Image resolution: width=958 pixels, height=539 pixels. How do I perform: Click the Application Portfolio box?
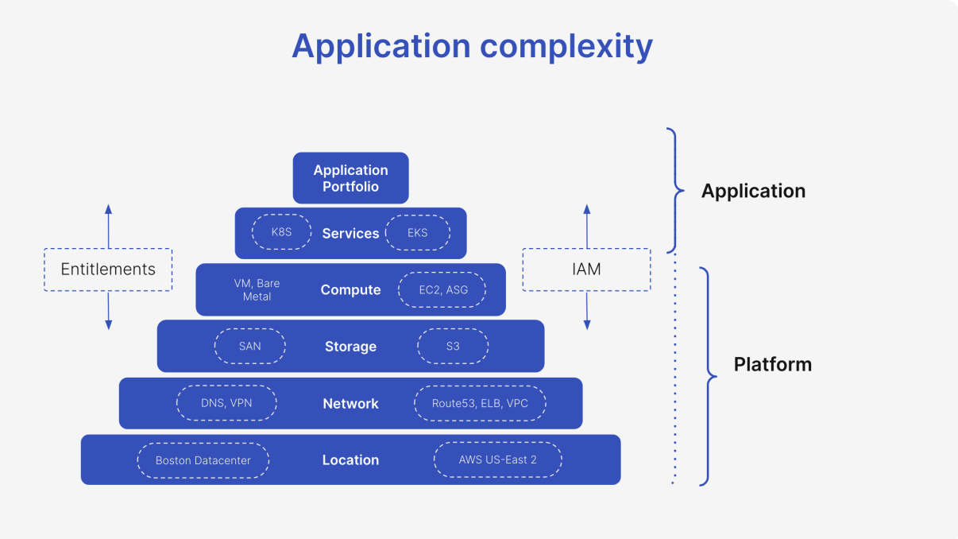tap(350, 178)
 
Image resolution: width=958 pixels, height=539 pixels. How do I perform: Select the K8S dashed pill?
tap(281, 233)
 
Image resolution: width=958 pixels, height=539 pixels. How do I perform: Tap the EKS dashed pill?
tap(417, 233)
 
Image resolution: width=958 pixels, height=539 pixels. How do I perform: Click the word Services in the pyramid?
tap(350, 234)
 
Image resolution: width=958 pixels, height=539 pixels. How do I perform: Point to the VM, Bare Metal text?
tap(257, 290)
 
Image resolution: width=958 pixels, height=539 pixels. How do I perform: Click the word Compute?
tap(350, 290)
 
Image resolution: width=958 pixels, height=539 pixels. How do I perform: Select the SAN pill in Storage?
tap(249, 347)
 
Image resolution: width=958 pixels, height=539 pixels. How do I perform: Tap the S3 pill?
tap(453, 347)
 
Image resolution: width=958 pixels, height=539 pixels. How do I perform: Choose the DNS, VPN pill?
tap(226, 403)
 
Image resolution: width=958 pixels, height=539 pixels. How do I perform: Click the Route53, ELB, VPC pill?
tap(480, 403)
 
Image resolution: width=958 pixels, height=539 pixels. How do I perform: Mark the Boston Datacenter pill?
tap(203, 460)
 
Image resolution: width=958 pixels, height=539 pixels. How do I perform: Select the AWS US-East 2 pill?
tap(497, 460)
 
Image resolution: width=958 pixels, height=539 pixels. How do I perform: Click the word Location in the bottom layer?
tap(350, 460)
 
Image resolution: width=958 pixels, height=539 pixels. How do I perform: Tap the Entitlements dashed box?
tap(108, 269)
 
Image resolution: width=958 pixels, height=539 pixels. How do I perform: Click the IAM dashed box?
tap(586, 269)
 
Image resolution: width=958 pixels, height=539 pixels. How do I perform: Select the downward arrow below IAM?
tap(587, 311)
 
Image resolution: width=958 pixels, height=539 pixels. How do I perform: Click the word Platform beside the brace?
tap(772, 365)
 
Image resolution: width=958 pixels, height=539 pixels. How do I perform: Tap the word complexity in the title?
tap(566, 46)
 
